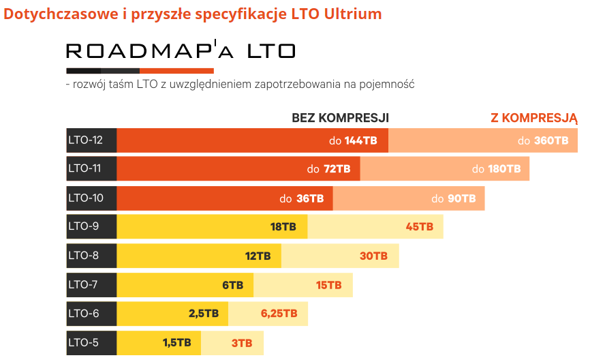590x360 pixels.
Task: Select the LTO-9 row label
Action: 83,226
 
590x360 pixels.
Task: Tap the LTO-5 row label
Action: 83,342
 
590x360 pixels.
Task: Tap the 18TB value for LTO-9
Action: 283,227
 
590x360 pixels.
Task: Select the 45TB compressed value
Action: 419,227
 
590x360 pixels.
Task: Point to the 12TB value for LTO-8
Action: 258,256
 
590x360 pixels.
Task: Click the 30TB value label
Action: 373,256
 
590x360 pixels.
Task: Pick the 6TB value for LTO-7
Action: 232,285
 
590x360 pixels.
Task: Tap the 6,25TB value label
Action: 279,314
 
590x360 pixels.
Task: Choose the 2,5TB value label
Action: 204,314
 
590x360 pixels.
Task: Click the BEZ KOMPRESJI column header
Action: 340,118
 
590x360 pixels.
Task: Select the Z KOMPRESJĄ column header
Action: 533,118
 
